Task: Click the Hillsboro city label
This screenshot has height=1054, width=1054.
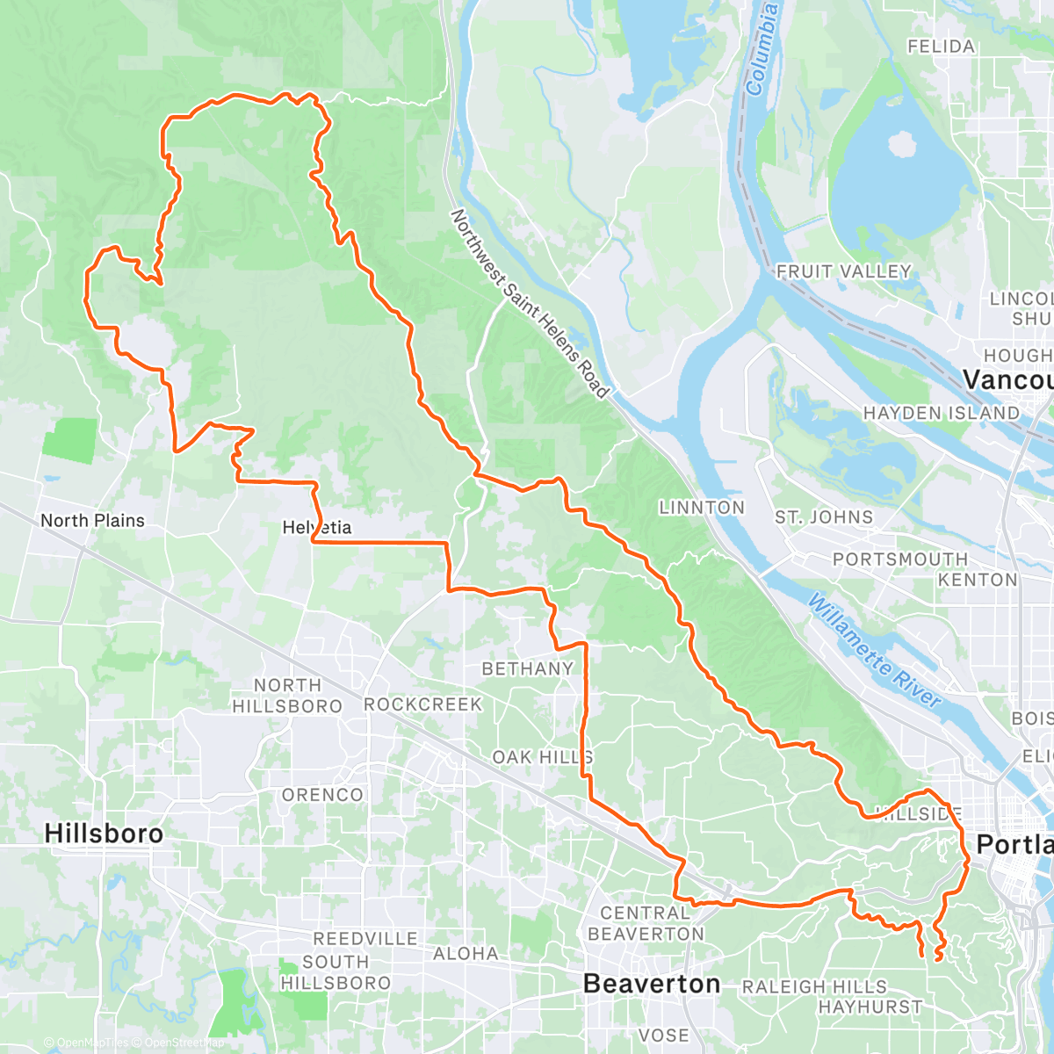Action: (104, 833)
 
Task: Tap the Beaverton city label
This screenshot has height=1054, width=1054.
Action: (652, 984)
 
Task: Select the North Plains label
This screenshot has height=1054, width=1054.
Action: (92, 520)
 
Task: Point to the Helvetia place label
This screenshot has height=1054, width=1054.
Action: (317, 527)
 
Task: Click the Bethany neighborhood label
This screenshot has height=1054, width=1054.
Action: (527, 668)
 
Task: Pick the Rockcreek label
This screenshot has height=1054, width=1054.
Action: (423, 704)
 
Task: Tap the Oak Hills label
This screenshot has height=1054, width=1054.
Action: (542, 756)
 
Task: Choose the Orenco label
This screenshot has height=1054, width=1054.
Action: (322, 794)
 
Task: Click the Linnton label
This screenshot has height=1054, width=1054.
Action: (702, 508)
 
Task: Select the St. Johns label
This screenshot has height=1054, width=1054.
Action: (824, 517)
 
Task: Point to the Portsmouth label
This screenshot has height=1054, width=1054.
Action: (900, 559)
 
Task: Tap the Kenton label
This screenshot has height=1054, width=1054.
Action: (978, 580)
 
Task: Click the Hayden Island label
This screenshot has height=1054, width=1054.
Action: (942, 413)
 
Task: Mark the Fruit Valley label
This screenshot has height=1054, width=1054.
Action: (844, 271)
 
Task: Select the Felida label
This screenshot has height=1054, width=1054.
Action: (941, 47)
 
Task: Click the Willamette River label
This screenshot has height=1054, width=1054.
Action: (874, 651)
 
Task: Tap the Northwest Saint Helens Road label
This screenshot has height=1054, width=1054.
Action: (530, 303)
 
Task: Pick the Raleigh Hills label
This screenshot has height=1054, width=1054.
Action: (814, 987)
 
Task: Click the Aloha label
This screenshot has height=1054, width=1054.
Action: (466, 953)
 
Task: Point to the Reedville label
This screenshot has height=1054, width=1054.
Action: (365, 938)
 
